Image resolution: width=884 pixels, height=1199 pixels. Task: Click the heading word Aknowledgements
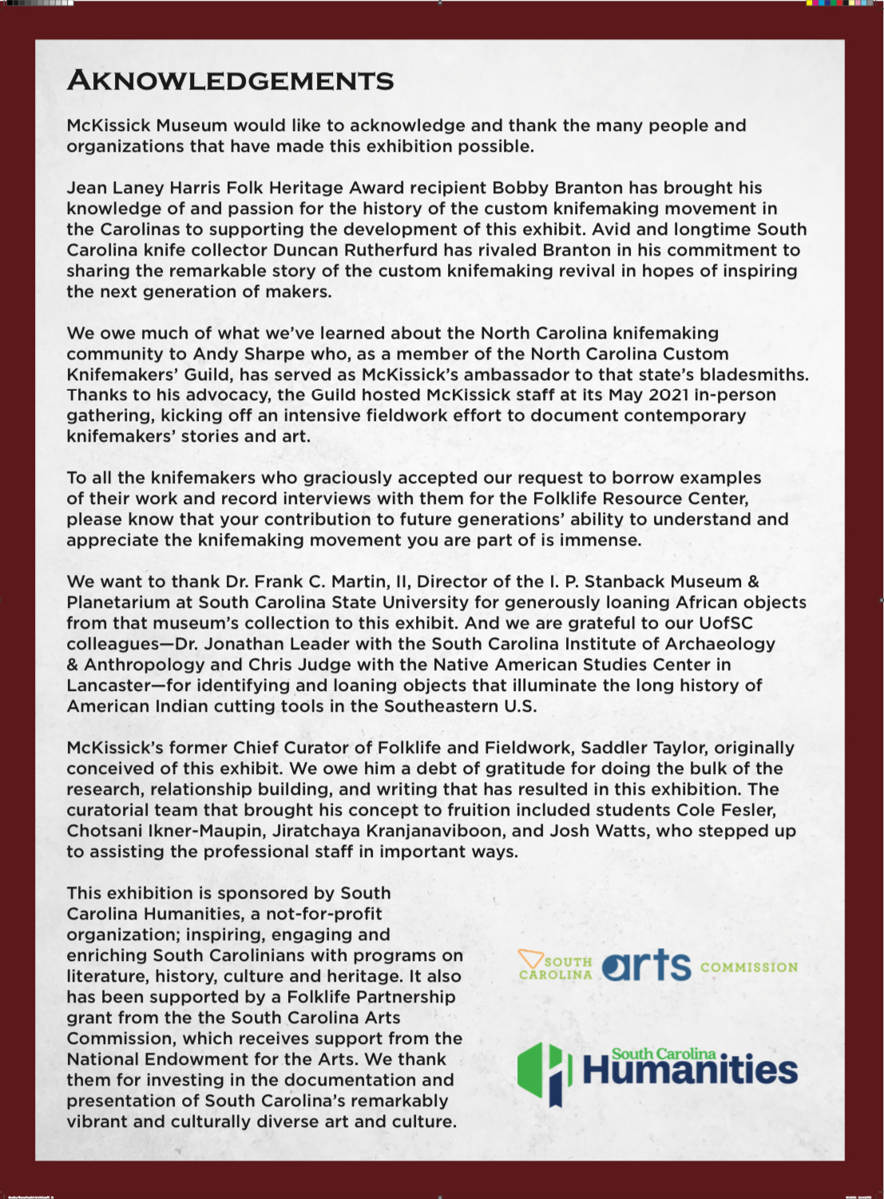click(230, 81)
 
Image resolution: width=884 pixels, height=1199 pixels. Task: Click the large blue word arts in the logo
click(647, 966)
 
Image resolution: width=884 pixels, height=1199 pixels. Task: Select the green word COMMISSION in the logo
click(749, 967)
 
